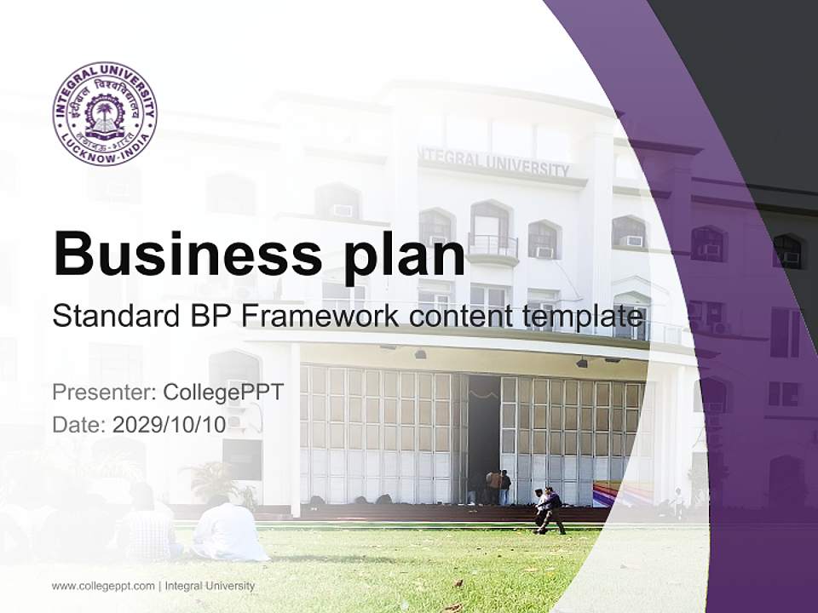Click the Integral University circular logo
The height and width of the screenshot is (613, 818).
105,113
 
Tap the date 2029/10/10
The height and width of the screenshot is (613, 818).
170,425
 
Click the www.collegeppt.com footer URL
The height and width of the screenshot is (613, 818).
103,586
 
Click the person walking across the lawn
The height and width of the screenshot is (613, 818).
550,509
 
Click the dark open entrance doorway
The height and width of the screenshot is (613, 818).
482,434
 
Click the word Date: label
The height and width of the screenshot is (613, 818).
79,425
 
